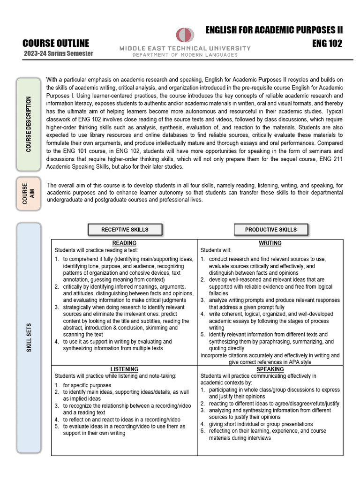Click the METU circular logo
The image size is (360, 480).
pos(184,35)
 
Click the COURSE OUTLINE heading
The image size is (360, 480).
pos(56,44)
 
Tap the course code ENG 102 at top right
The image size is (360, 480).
pos(327,44)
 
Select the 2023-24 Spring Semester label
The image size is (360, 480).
pos(59,53)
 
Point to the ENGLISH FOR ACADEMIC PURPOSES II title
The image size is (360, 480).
pos(274,30)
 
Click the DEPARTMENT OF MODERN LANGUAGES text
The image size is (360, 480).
pos(185,55)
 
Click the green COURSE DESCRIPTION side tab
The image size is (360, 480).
pos(29,124)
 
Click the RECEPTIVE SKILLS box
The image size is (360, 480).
pos(125,230)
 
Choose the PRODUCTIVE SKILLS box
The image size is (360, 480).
pos(270,230)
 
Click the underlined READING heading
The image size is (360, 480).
pos(124,243)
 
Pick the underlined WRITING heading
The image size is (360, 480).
pos(270,243)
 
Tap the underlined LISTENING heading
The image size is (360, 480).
pos(124,369)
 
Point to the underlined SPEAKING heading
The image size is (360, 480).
pos(270,369)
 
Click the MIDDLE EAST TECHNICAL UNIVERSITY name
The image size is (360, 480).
pos(185,48)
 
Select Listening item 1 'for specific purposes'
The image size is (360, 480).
pos(87,385)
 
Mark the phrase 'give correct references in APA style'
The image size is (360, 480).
pos(270,362)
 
